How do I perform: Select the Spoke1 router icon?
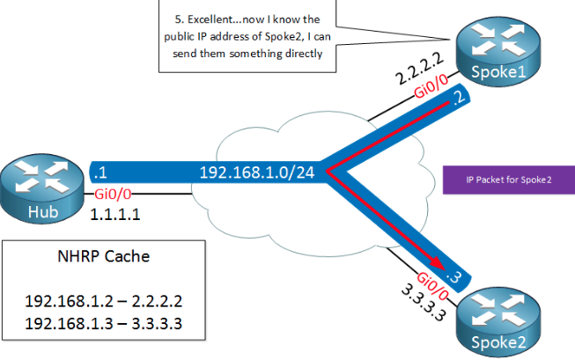coord(489,53)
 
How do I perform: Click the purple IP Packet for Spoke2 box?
coord(508,180)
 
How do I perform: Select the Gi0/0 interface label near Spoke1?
coord(437,93)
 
